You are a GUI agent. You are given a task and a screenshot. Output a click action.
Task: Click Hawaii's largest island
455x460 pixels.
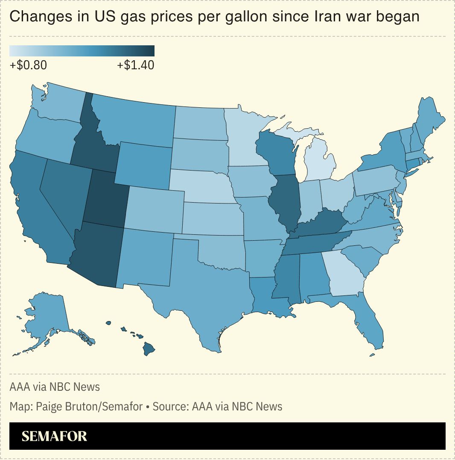pos(148,349)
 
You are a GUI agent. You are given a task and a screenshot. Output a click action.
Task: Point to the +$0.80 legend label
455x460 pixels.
pos(28,65)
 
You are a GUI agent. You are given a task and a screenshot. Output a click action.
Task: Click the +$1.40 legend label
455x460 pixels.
pos(136,65)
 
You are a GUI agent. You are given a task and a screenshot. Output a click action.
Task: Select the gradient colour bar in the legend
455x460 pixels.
pos(82,51)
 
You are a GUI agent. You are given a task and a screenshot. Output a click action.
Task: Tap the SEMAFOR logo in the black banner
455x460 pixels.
pos(54,436)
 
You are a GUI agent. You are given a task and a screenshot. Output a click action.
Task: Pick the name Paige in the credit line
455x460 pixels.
pos(50,406)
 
